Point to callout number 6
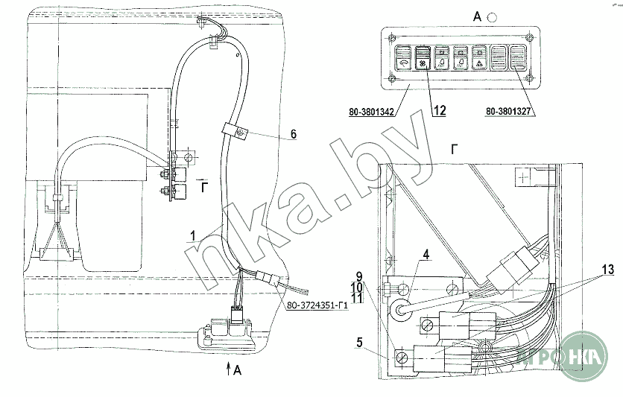pos(294,135)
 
